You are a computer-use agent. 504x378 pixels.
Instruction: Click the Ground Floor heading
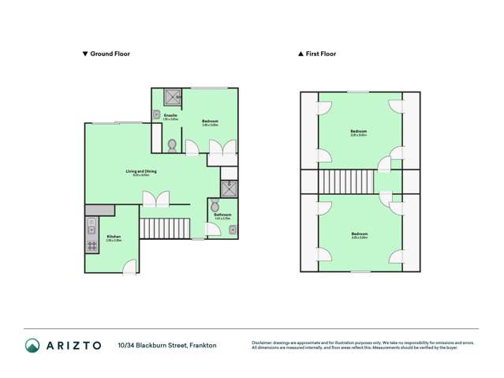tap(110, 54)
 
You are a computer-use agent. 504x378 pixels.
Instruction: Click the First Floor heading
tap(320, 54)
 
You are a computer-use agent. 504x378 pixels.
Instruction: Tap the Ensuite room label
tap(170, 116)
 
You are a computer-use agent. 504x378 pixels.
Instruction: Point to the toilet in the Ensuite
tap(172, 145)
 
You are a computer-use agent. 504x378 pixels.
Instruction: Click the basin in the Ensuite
tap(156, 114)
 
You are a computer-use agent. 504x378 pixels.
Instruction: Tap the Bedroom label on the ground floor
tap(210, 121)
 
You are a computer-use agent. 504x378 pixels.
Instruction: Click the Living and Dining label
tap(141, 171)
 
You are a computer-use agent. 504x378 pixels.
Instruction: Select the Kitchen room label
tap(114, 236)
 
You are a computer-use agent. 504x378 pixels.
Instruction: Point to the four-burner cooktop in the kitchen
tap(92, 245)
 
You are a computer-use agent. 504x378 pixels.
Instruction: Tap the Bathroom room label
tap(222, 215)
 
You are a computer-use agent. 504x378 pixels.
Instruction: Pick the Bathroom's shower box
tap(229, 188)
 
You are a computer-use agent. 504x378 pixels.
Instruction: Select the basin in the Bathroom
tap(233, 230)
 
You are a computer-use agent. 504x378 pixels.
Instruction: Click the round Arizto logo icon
tap(32, 345)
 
